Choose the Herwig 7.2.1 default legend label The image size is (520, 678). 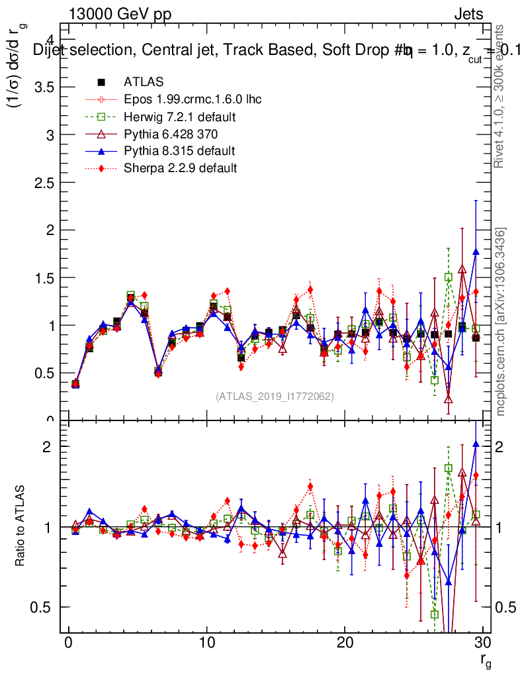click(180, 117)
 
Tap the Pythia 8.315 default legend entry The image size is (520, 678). click(179, 151)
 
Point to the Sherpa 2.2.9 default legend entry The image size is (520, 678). click(180, 168)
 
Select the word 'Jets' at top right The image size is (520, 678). click(468, 14)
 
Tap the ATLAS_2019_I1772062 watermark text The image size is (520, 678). click(275, 397)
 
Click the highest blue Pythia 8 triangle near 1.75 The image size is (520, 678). click(476, 252)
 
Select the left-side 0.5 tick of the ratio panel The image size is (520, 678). click(46, 607)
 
